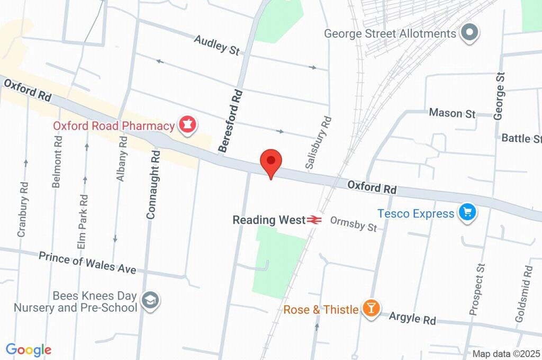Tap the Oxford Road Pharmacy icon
click(187, 125)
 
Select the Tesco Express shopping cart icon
click(467, 213)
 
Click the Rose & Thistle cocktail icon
click(371, 309)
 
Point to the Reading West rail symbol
click(314, 219)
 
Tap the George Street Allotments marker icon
click(469, 33)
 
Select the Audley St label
click(217, 45)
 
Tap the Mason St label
click(453, 113)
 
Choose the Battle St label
click(521, 138)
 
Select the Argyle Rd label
click(412, 318)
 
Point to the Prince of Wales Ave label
click(87, 262)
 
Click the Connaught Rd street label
click(152, 184)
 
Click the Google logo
click(29, 350)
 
